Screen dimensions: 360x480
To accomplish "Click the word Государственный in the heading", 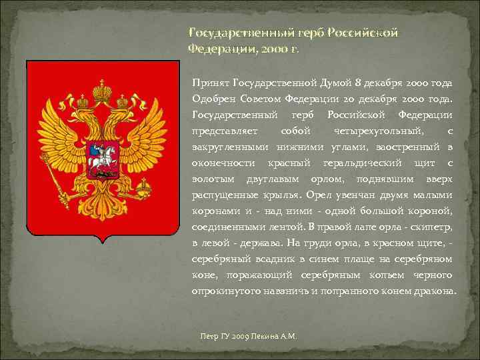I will [223, 33].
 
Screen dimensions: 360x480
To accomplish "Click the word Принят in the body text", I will [210, 83].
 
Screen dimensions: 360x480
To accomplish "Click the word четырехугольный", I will [371, 131].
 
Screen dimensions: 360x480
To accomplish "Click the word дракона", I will [434, 291].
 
